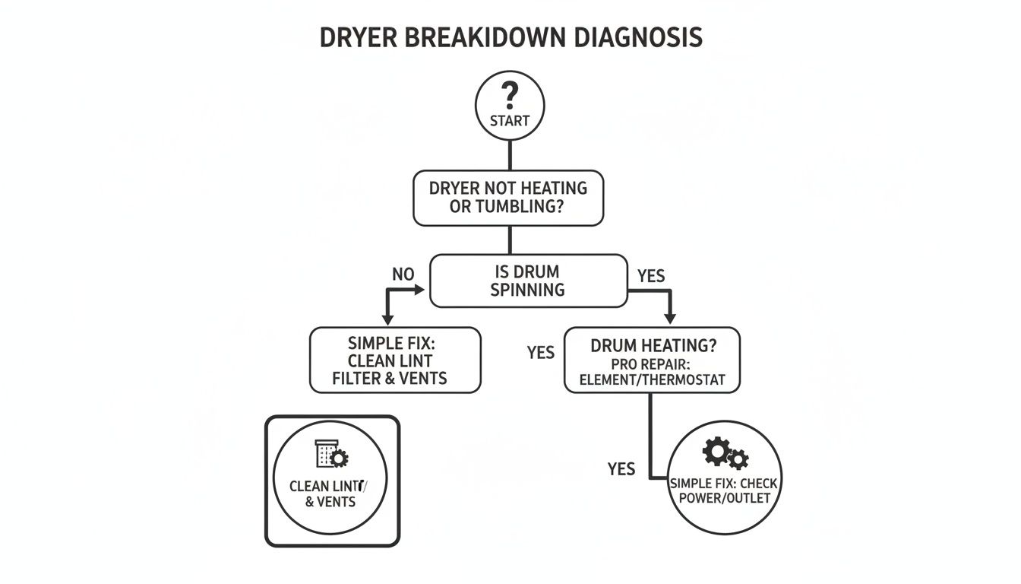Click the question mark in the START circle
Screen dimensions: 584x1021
coord(510,97)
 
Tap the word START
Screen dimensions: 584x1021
coord(510,121)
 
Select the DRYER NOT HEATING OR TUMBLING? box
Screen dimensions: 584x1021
coord(508,197)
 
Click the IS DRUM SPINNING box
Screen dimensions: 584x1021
coord(528,280)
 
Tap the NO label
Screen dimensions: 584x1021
coord(403,274)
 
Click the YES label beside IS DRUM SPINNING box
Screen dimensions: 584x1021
coord(650,276)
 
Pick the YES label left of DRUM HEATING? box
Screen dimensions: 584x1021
coord(540,352)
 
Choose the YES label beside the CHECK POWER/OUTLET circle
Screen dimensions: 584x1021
coord(621,469)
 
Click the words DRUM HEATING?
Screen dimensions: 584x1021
coord(653,345)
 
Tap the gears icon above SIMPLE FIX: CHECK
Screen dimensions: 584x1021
coord(725,454)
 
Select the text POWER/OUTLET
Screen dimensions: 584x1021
coord(724,499)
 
